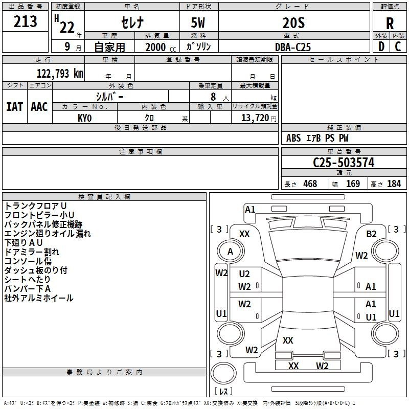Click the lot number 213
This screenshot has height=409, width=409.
pyautogui.click(x=25, y=21)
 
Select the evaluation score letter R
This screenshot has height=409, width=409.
pyautogui.click(x=390, y=24)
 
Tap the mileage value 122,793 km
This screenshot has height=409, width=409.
pyautogui.click(x=60, y=74)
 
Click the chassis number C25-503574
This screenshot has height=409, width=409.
pyautogui.click(x=344, y=163)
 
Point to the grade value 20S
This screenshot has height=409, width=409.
pyautogui.click(x=293, y=23)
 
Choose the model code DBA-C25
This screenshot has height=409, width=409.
pyautogui.click(x=293, y=47)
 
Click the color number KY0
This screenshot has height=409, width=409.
pyautogui.click(x=84, y=118)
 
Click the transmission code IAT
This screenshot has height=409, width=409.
pyautogui.click(x=14, y=107)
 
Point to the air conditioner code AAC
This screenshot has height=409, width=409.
pyautogui.click(x=39, y=107)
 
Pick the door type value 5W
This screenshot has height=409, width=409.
pyautogui.click(x=198, y=22)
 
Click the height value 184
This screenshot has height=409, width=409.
pyautogui.click(x=394, y=184)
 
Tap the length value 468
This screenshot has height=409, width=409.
pyautogui.click(x=310, y=184)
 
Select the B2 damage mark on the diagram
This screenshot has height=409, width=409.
pyautogui.click(x=371, y=234)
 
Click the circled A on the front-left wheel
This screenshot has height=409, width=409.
pyautogui.click(x=231, y=252)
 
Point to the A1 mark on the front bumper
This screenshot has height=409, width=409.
pyautogui.click(x=250, y=210)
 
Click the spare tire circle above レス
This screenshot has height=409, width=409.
pyautogui.click(x=223, y=373)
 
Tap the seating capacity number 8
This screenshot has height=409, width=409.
pyautogui.click(x=213, y=97)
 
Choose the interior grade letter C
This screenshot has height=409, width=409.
pyautogui.click(x=398, y=47)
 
